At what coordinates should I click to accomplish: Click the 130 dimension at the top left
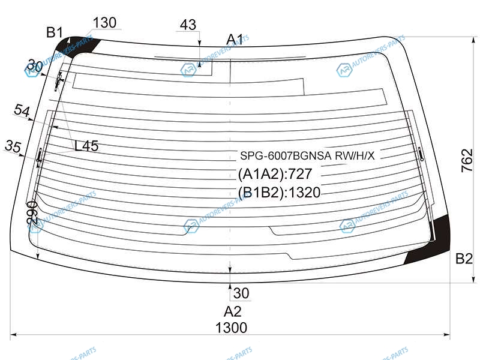click(104, 23)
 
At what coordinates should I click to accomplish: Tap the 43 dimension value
click(188, 25)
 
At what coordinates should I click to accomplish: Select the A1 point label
click(235, 40)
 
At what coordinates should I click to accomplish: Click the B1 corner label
click(55, 32)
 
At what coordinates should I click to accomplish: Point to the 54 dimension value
click(22, 110)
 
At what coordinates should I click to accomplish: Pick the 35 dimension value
click(13, 146)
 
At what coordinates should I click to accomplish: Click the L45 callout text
click(86, 146)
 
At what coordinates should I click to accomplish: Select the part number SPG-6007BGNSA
click(286, 156)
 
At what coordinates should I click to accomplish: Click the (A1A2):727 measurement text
click(275, 174)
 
